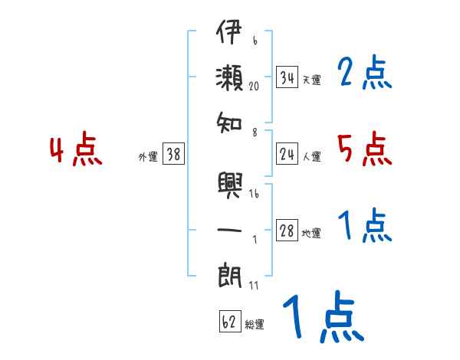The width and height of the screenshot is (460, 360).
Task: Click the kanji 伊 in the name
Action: coord(229,31)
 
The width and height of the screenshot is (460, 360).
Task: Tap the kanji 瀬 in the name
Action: coord(229,77)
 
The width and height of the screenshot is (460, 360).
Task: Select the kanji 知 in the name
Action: coord(229,123)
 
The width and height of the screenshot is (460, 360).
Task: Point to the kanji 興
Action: coord(230,185)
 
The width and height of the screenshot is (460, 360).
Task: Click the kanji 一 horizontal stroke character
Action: coord(229,230)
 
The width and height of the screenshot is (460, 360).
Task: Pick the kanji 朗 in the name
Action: coord(230,276)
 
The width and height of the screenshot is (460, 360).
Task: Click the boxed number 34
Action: coord(287,77)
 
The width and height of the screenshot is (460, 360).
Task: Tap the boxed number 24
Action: coord(287,154)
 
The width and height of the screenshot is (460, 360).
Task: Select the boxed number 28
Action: coord(287,230)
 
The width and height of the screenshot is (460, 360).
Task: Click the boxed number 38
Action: coord(174,154)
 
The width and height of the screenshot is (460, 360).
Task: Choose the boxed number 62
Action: coord(230,322)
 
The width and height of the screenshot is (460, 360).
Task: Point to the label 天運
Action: coord(311,80)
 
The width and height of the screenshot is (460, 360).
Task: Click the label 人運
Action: coord(312,156)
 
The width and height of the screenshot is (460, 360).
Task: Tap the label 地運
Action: coord(311,233)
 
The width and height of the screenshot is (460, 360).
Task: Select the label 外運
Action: coord(148,156)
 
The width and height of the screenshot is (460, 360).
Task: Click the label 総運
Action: coord(255,324)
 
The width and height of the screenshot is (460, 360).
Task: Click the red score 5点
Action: coord(365,149)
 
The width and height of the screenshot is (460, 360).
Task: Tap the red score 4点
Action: coord(76,149)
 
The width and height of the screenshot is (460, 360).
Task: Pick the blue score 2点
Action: coord(365,72)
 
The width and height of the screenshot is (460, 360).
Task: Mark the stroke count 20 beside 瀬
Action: coord(254,87)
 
